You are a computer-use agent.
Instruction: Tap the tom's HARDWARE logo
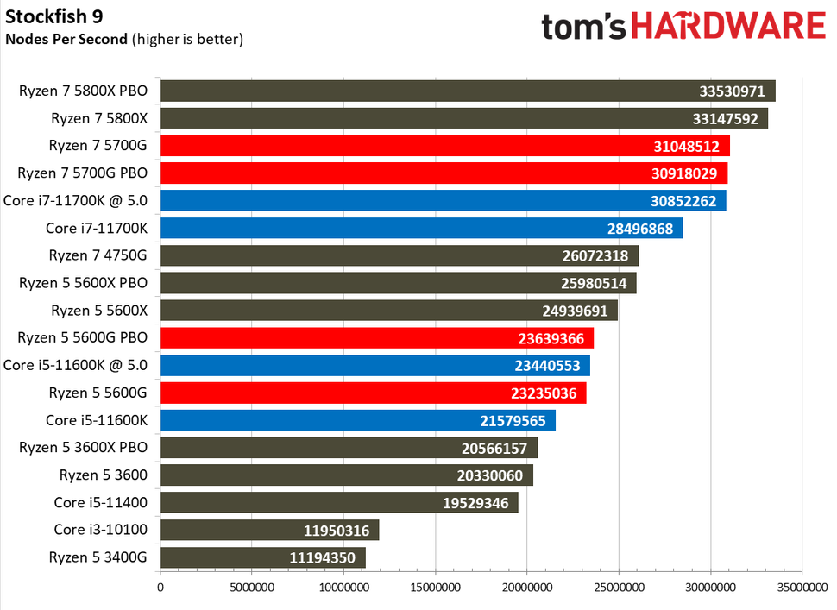tap(683, 26)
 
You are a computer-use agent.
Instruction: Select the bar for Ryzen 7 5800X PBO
tap(467, 91)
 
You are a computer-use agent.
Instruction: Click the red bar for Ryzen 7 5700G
tap(444, 146)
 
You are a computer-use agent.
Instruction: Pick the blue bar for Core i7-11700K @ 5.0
tap(443, 201)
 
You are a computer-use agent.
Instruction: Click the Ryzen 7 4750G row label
tap(98, 255)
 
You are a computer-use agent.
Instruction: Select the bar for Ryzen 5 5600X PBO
tap(398, 283)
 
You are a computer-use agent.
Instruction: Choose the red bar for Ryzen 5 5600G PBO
tap(376, 338)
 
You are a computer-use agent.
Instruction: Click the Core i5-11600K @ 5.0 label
tap(76, 365)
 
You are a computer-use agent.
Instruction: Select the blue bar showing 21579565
tap(357, 420)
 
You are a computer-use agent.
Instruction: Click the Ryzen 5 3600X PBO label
tap(83, 448)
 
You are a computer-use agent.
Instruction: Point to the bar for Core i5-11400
tap(338, 503)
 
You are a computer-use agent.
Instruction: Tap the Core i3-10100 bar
tap(269, 530)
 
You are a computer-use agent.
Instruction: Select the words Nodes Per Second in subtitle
tap(67, 38)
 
